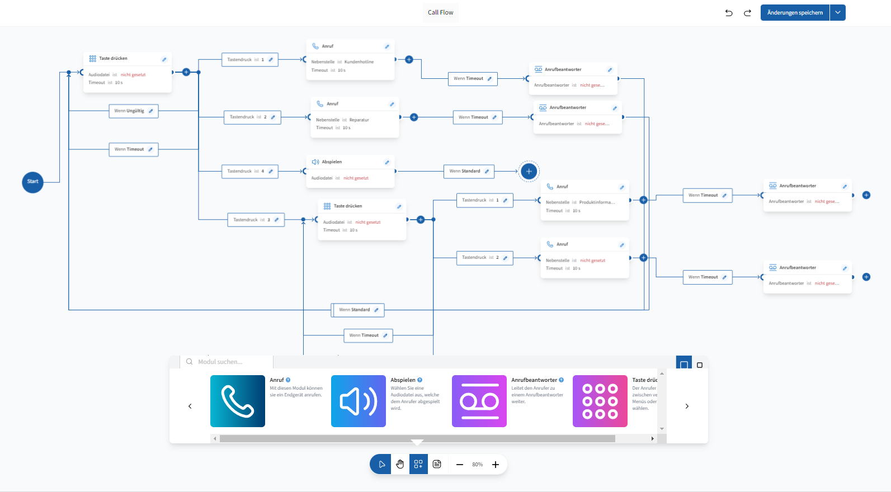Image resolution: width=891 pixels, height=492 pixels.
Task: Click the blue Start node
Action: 32,182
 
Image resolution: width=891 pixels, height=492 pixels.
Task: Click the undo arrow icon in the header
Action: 729,13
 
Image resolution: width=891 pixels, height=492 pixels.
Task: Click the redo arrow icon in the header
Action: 747,13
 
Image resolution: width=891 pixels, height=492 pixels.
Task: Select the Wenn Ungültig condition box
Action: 130,111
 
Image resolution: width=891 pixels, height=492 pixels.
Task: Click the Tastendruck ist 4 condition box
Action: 246,171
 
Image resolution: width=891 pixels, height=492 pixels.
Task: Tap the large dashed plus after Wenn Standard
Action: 529,172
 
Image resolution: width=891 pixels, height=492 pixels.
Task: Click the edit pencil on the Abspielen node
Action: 386,162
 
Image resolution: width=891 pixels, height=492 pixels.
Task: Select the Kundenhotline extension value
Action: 359,62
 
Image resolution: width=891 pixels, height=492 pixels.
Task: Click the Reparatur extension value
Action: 359,120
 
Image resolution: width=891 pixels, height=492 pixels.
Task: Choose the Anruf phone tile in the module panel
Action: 238,401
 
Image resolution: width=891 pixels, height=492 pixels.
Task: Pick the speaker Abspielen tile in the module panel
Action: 359,401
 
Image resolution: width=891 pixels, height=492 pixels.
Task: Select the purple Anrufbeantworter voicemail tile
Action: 479,401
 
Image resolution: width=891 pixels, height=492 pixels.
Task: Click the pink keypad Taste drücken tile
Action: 600,401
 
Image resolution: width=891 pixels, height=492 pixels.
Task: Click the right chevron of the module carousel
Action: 687,406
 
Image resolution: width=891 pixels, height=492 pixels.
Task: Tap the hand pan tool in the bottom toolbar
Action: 400,464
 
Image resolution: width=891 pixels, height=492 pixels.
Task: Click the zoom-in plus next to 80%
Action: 496,465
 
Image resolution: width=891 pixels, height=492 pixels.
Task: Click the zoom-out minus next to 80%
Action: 459,465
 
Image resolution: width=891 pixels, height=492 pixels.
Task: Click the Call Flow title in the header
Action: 441,12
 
